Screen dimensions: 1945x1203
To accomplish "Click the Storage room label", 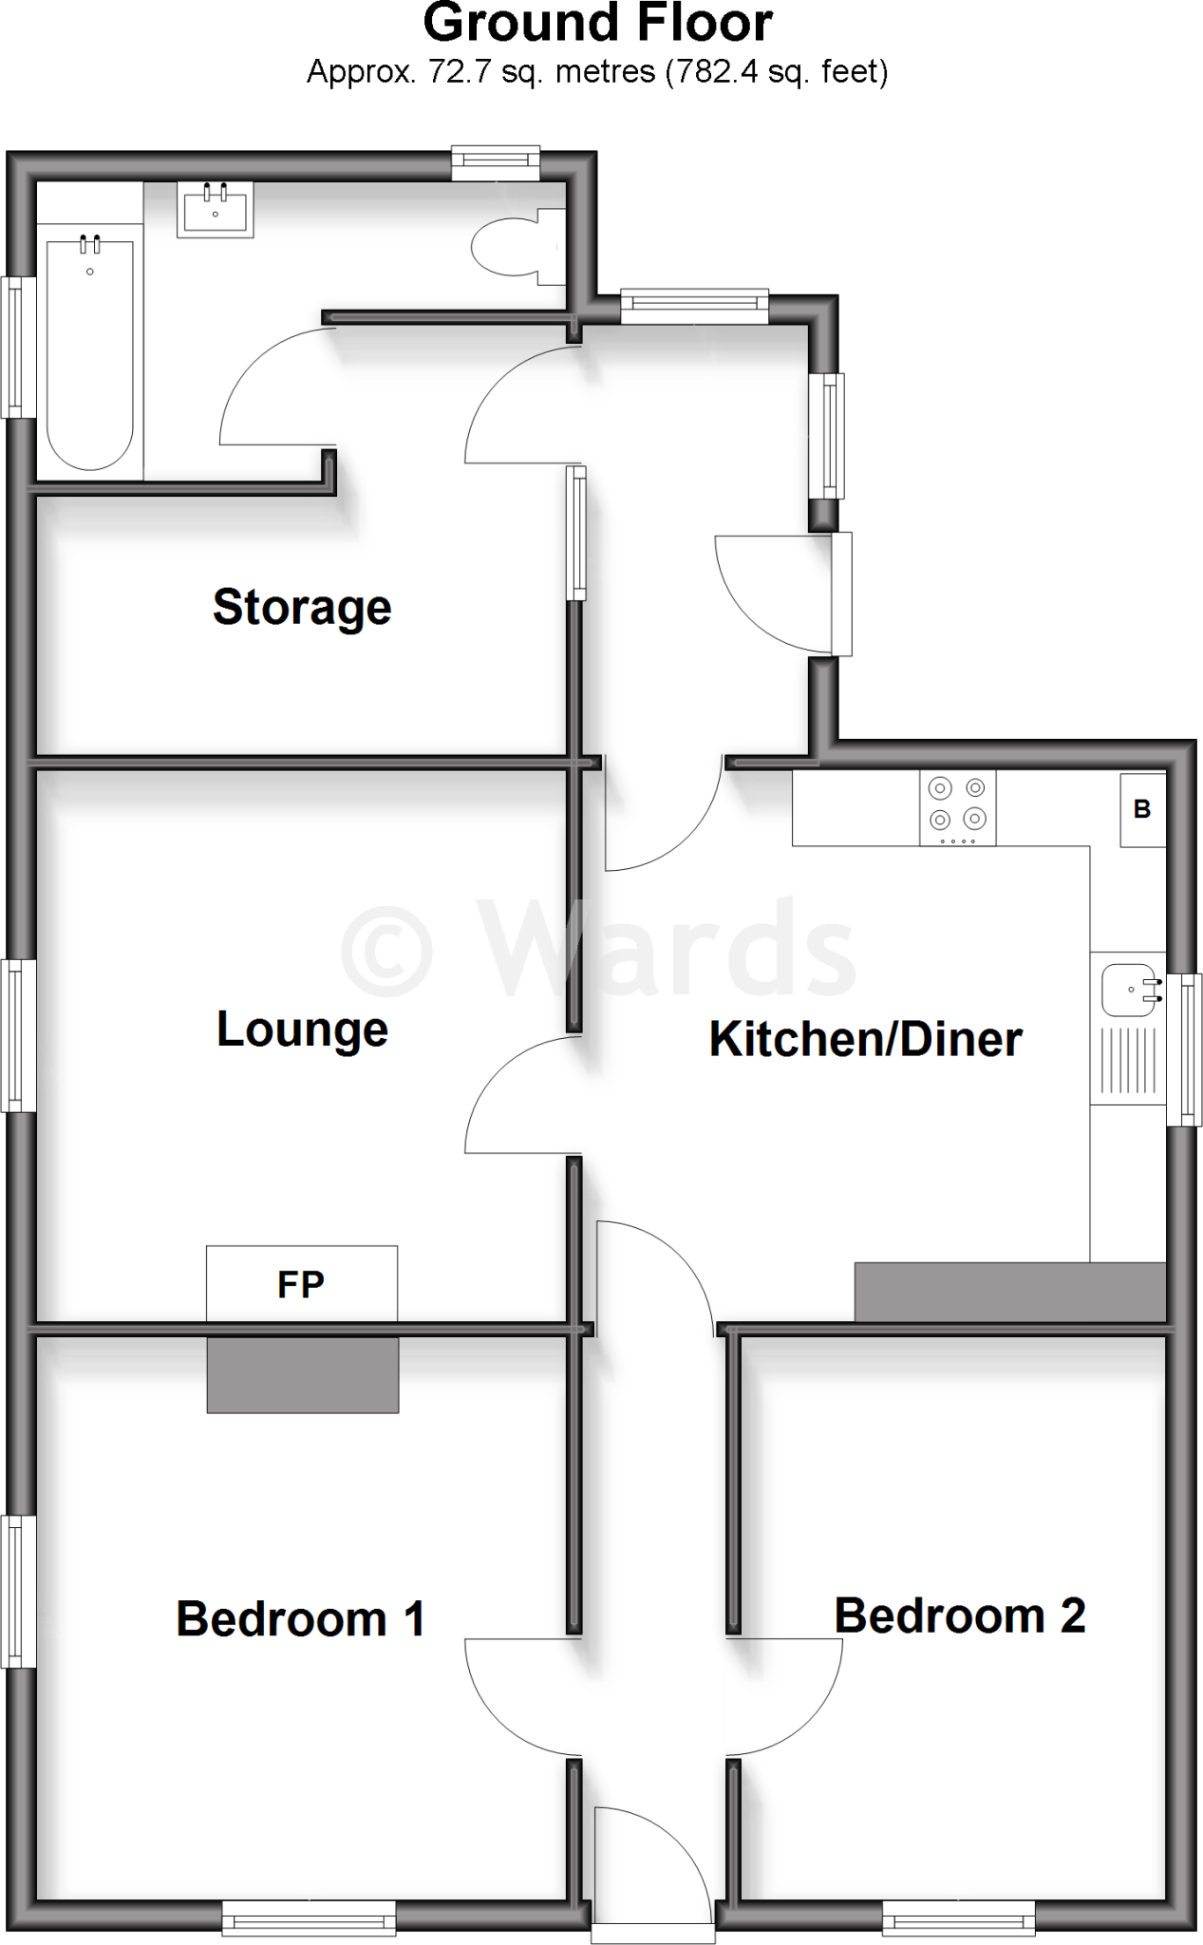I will point(302,608).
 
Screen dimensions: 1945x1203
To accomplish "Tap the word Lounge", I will point(302,1029).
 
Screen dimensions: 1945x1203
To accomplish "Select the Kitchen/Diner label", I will point(865,1039).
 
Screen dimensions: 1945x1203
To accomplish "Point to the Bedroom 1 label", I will point(300,1619).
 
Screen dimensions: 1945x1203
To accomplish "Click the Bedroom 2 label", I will point(959,1615).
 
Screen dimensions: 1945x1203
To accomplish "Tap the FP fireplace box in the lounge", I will point(302,1283).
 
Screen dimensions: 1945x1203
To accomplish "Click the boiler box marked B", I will point(1142,809).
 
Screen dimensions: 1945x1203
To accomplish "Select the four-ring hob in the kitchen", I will point(957,807).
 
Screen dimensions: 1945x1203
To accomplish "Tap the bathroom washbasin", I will point(216,210).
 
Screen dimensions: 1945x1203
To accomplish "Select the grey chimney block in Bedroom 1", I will point(303,1374).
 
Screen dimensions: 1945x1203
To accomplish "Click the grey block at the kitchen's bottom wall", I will point(1009,1292).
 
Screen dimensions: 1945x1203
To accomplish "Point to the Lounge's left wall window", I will point(18,1035).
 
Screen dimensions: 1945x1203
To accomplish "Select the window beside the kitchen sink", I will point(1184,1049).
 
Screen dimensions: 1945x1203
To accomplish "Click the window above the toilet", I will point(496,163).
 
